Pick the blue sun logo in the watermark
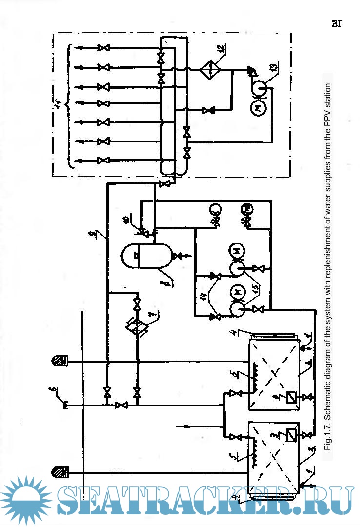coord(29,500)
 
